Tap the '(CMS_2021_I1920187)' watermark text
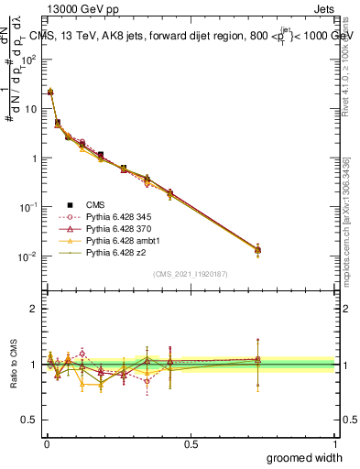pyautogui.click(x=191, y=273)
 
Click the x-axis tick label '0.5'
pyautogui.click(x=191, y=443)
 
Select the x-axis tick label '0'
pyautogui.click(x=46, y=443)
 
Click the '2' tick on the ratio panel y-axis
pyautogui.click(x=35, y=309)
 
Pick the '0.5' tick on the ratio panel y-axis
pyautogui.click(x=30, y=420)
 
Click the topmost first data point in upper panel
pyautogui.click(x=49, y=92)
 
